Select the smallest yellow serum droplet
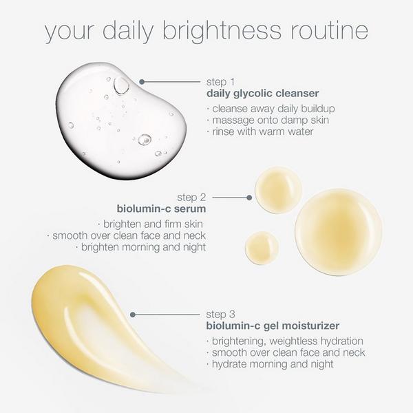coord(262,248)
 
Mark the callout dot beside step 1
coord(142,81)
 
